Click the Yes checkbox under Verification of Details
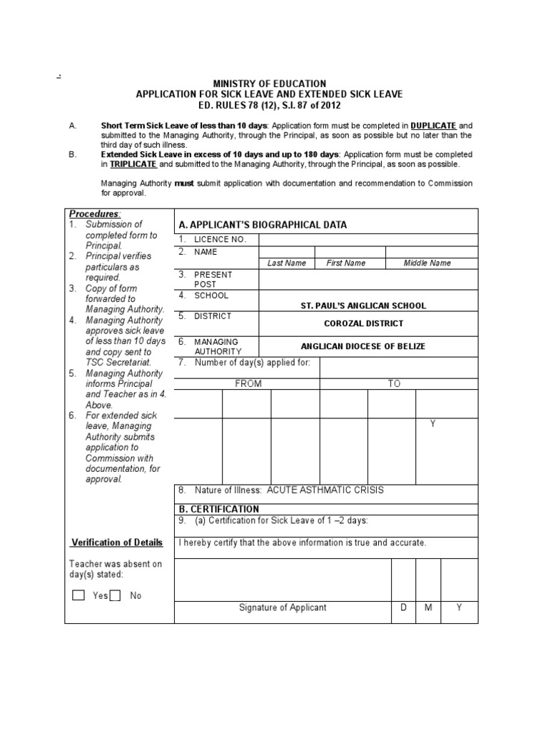coord(78,595)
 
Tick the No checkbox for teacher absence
coord(115,595)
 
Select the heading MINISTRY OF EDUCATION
coord(270,84)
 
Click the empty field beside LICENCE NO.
coord(368,239)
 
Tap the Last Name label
coord(287,263)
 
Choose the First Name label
coord(346,263)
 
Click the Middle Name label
coord(427,263)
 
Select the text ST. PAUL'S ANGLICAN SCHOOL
coord(363,306)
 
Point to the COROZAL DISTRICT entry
coord(363,323)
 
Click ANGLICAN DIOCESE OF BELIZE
coord(363,346)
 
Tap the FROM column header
coord(248,383)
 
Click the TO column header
coord(394,383)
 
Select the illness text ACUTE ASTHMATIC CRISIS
coord(325,490)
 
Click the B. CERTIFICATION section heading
coord(219,509)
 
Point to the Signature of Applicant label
coord(283,608)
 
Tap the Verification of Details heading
coord(118,543)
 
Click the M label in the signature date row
coord(429,608)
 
